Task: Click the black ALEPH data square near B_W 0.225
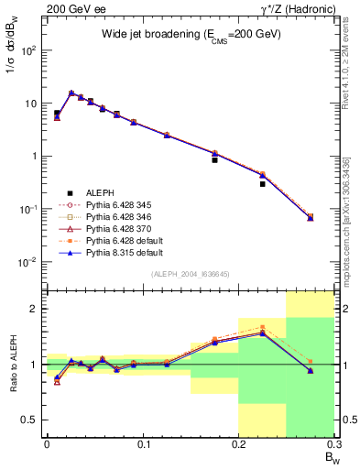click(262, 184)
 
